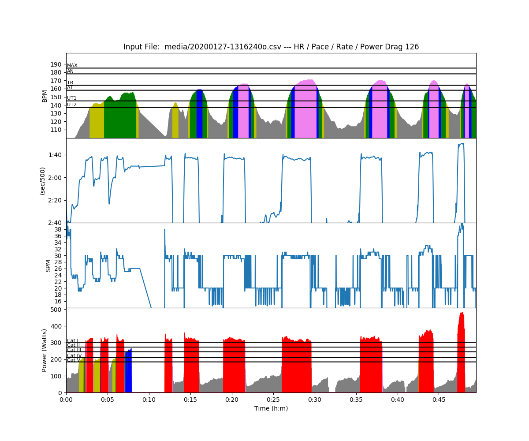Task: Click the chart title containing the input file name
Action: click(x=271, y=47)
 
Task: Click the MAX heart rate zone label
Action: click(x=72, y=66)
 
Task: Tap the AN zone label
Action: click(x=70, y=71)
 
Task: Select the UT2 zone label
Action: click(x=71, y=105)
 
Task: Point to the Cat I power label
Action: click(x=73, y=341)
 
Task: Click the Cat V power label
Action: click(x=74, y=360)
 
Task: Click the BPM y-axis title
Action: click(x=45, y=96)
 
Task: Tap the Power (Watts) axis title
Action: click(x=45, y=350)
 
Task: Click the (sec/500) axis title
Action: click(x=43, y=181)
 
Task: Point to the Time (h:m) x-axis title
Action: click(x=271, y=408)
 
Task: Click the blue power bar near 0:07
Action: click(x=128, y=370)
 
